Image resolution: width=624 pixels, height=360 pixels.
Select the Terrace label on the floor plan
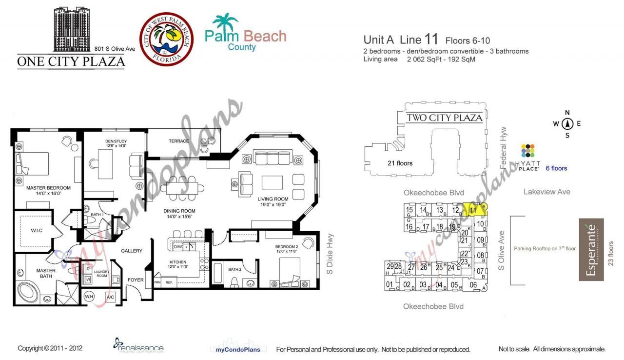(178, 141)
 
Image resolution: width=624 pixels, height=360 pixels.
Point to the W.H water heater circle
(89, 297)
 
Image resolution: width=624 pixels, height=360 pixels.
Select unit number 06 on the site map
(473, 285)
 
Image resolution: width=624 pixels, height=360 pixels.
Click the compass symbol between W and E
(567, 123)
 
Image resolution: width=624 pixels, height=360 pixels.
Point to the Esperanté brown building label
(591, 249)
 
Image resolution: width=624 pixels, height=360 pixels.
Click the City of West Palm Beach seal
(166, 39)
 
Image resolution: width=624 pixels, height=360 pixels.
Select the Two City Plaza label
(444, 118)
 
